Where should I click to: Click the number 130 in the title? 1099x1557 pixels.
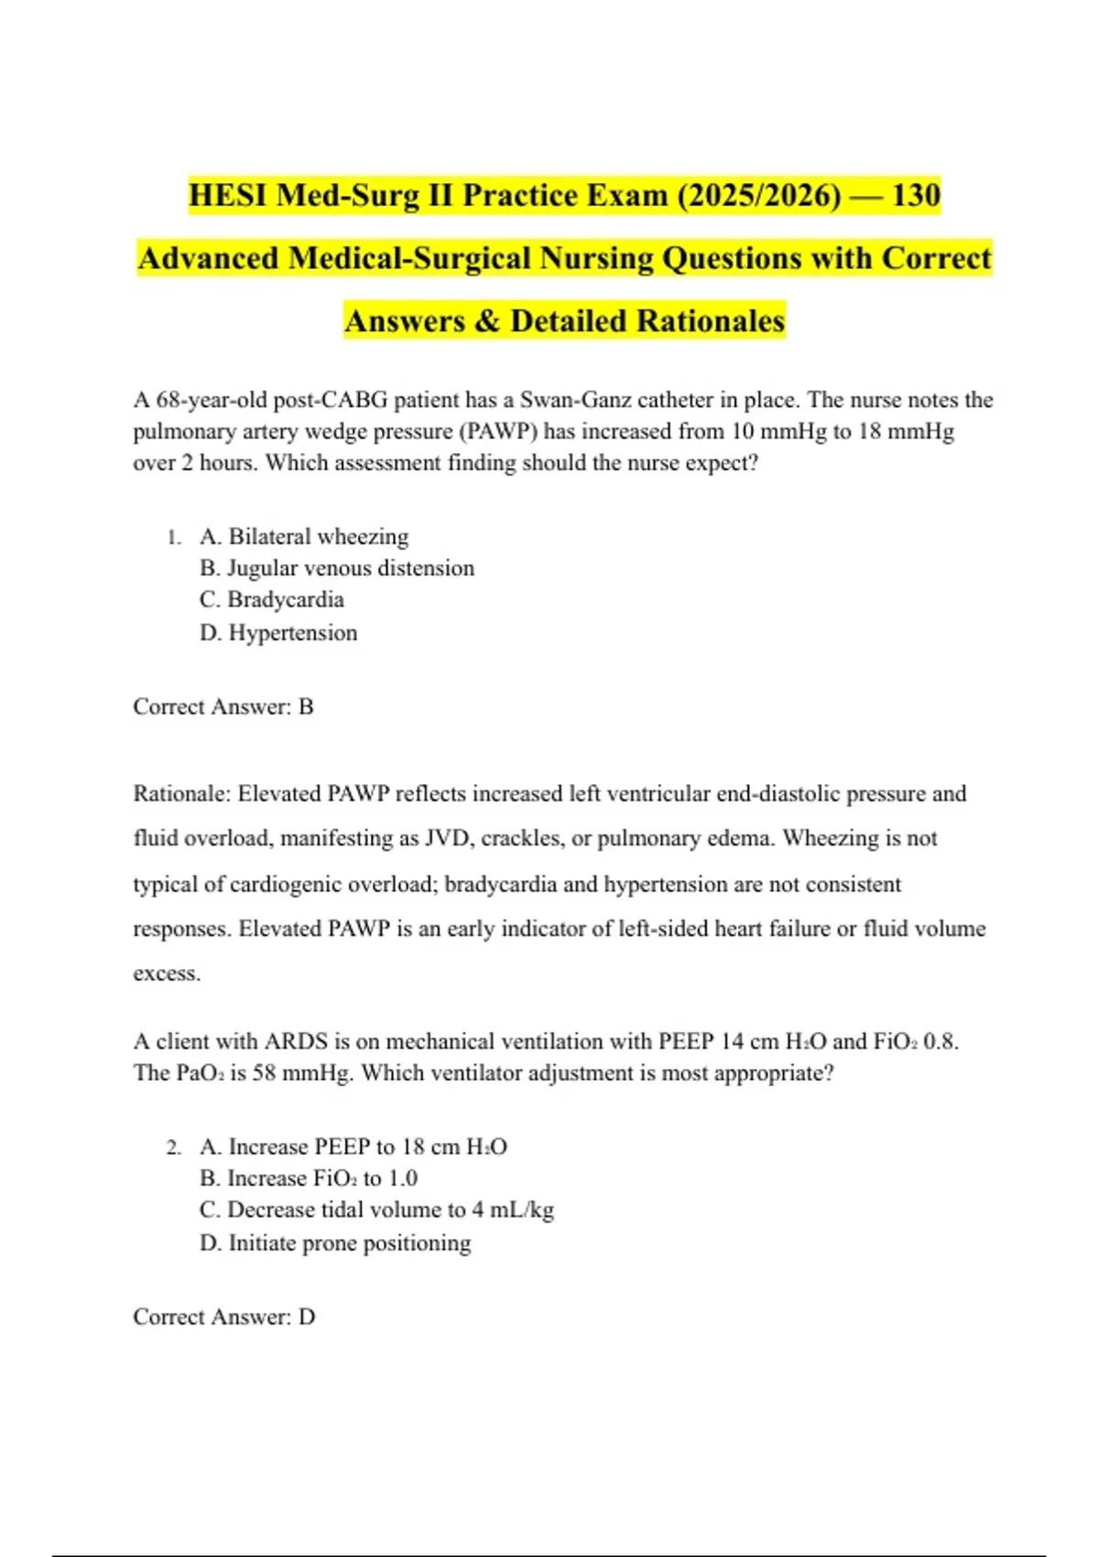tap(916, 195)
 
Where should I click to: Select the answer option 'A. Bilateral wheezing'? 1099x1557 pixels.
tap(304, 536)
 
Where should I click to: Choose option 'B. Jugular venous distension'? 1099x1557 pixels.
tap(337, 568)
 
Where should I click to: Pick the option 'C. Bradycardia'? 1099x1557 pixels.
tap(272, 600)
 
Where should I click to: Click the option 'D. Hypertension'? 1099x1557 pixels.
tap(278, 632)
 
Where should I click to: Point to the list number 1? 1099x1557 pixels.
tap(174, 538)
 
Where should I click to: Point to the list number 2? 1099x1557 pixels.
tap(174, 1148)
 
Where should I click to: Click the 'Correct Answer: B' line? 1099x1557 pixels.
tap(223, 706)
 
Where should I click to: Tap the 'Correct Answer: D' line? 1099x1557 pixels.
tap(224, 1316)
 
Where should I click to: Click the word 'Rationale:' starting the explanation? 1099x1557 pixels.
tap(181, 793)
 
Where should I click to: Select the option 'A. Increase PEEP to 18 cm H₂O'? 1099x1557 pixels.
tap(354, 1147)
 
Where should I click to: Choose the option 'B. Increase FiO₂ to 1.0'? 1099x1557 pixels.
tap(309, 1178)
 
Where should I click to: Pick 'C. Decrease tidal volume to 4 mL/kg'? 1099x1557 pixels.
tap(376, 1210)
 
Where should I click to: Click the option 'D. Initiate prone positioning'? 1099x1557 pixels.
tap(335, 1243)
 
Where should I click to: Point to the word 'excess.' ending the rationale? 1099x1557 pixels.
tap(167, 974)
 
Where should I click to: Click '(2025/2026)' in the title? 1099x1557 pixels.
tap(759, 195)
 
